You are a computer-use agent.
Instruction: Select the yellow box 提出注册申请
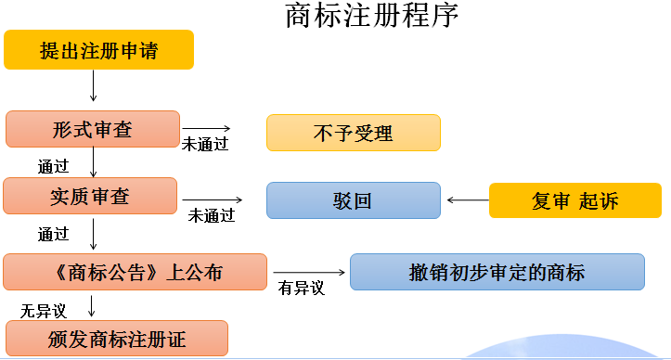tap(98, 50)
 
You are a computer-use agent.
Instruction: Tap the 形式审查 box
tap(92, 129)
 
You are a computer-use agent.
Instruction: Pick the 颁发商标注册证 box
tap(116, 339)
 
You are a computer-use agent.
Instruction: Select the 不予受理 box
tap(353, 133)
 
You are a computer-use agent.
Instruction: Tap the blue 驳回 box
tap(353, 200)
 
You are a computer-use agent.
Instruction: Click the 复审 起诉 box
tap(575, 200)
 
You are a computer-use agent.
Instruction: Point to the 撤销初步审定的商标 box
tap(497, 272)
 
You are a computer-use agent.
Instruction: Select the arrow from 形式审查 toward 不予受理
tap(205, 128)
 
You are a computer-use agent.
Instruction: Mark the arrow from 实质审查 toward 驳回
tap(213, 199)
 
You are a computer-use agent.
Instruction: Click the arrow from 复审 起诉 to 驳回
tap(466, 199)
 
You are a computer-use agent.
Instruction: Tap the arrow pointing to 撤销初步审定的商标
tap(311, 272)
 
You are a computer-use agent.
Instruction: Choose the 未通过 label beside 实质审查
tap(212, 215)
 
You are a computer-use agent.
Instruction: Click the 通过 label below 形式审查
tap(53, 167)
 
